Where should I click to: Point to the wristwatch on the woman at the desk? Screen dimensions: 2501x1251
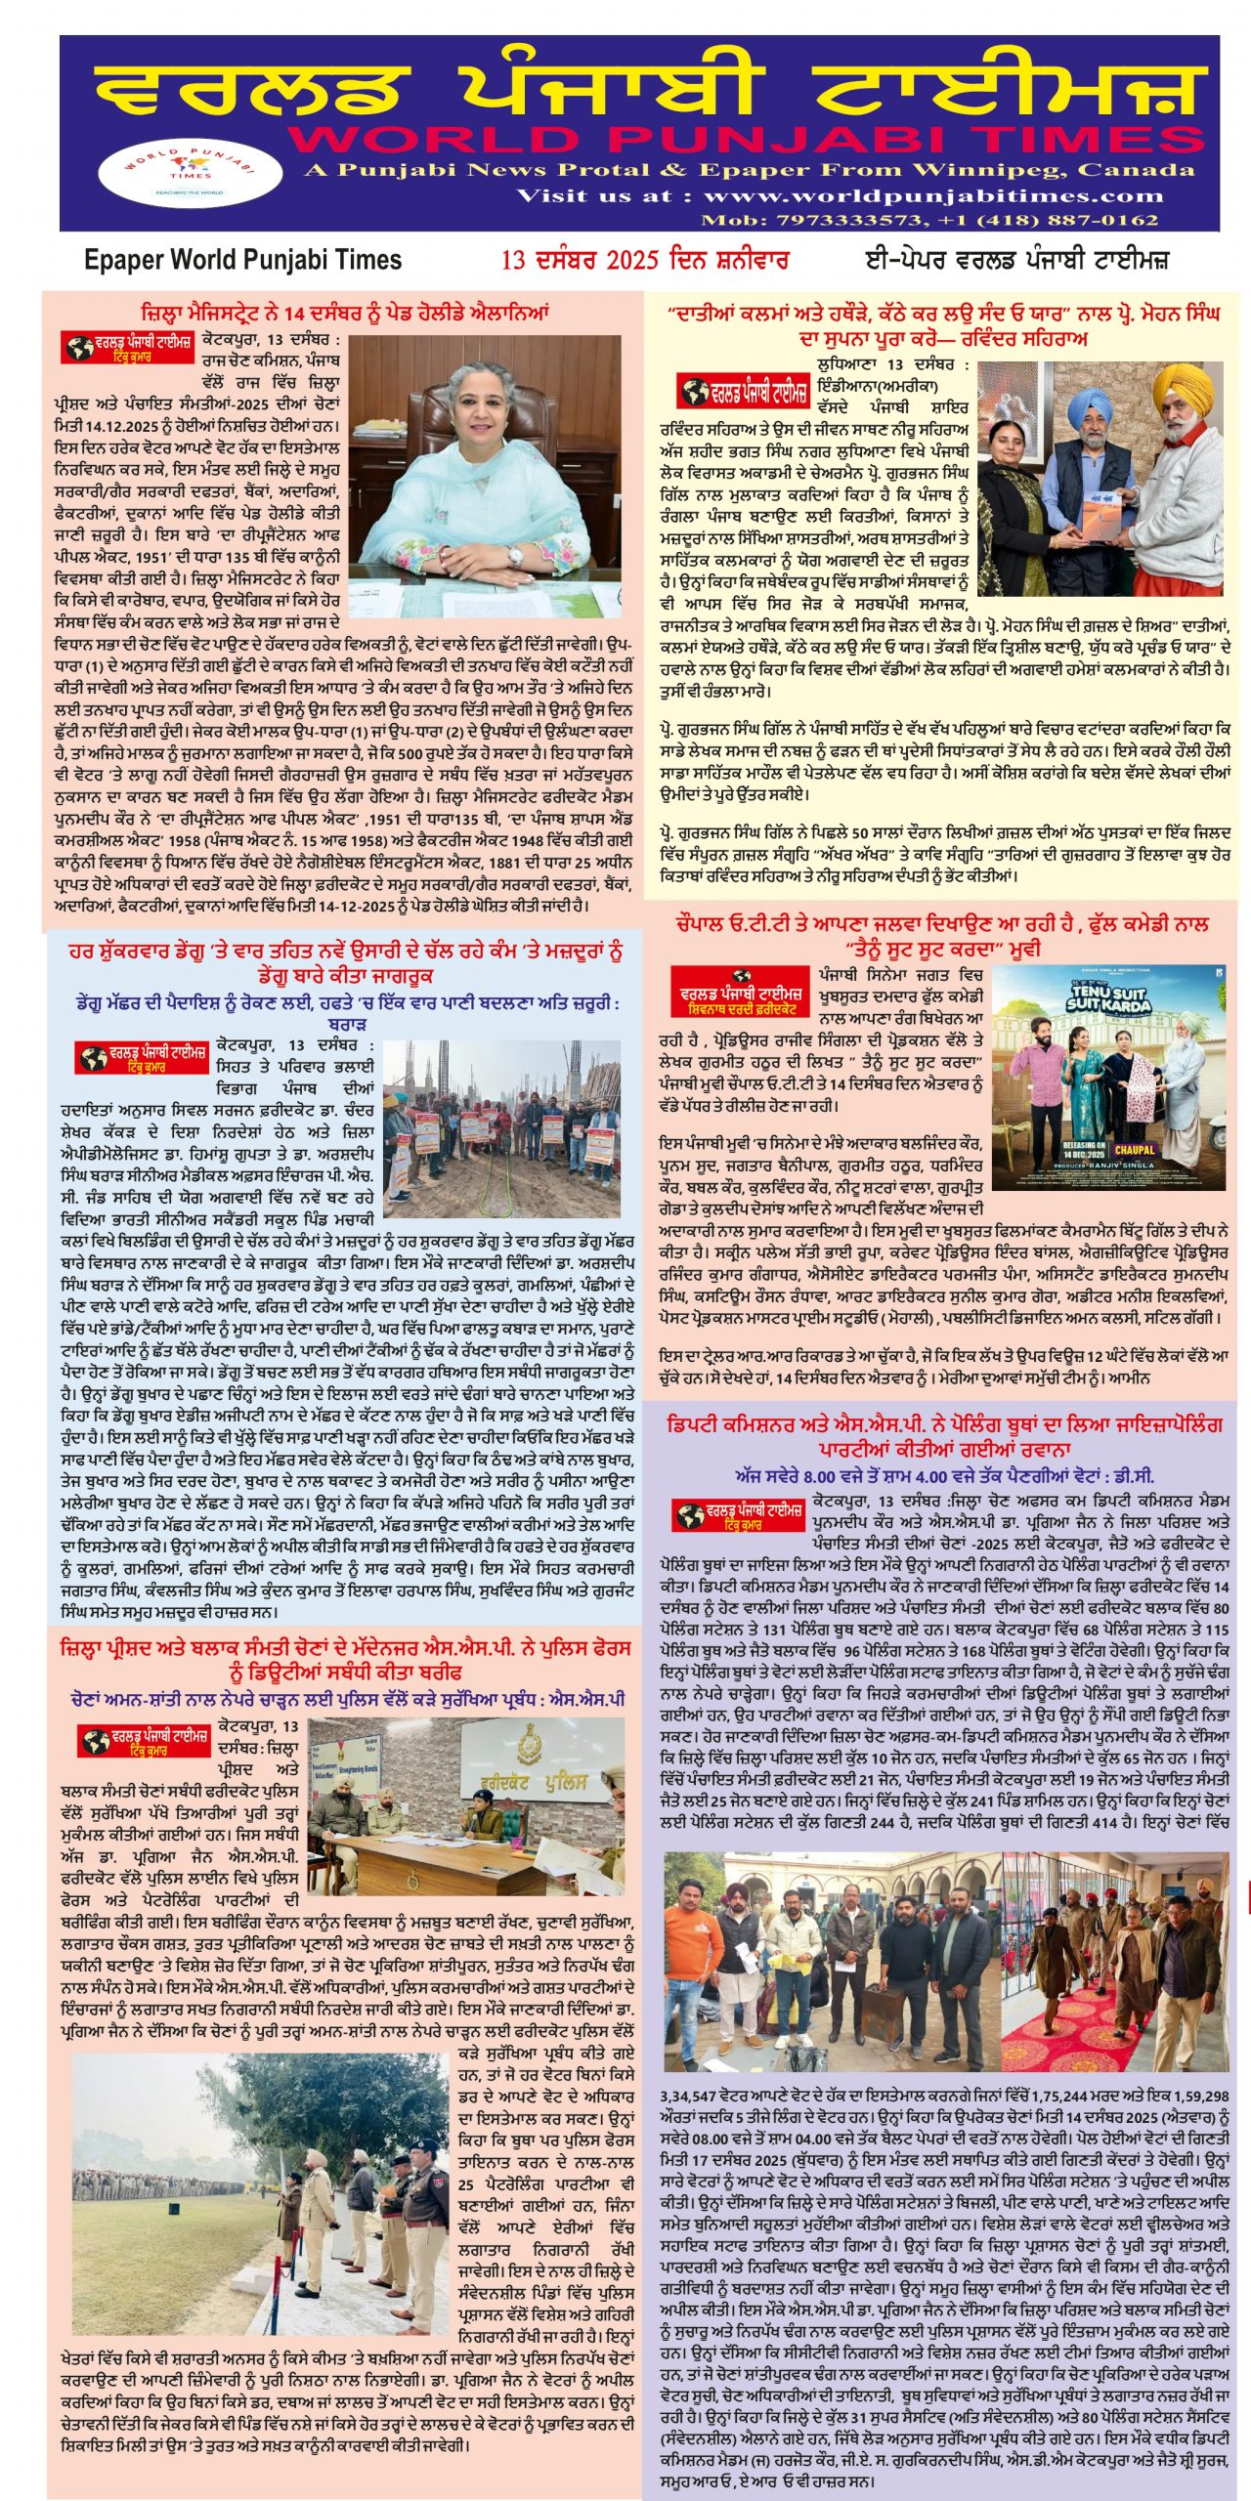514,556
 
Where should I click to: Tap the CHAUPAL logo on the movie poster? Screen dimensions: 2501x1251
1134,1150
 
